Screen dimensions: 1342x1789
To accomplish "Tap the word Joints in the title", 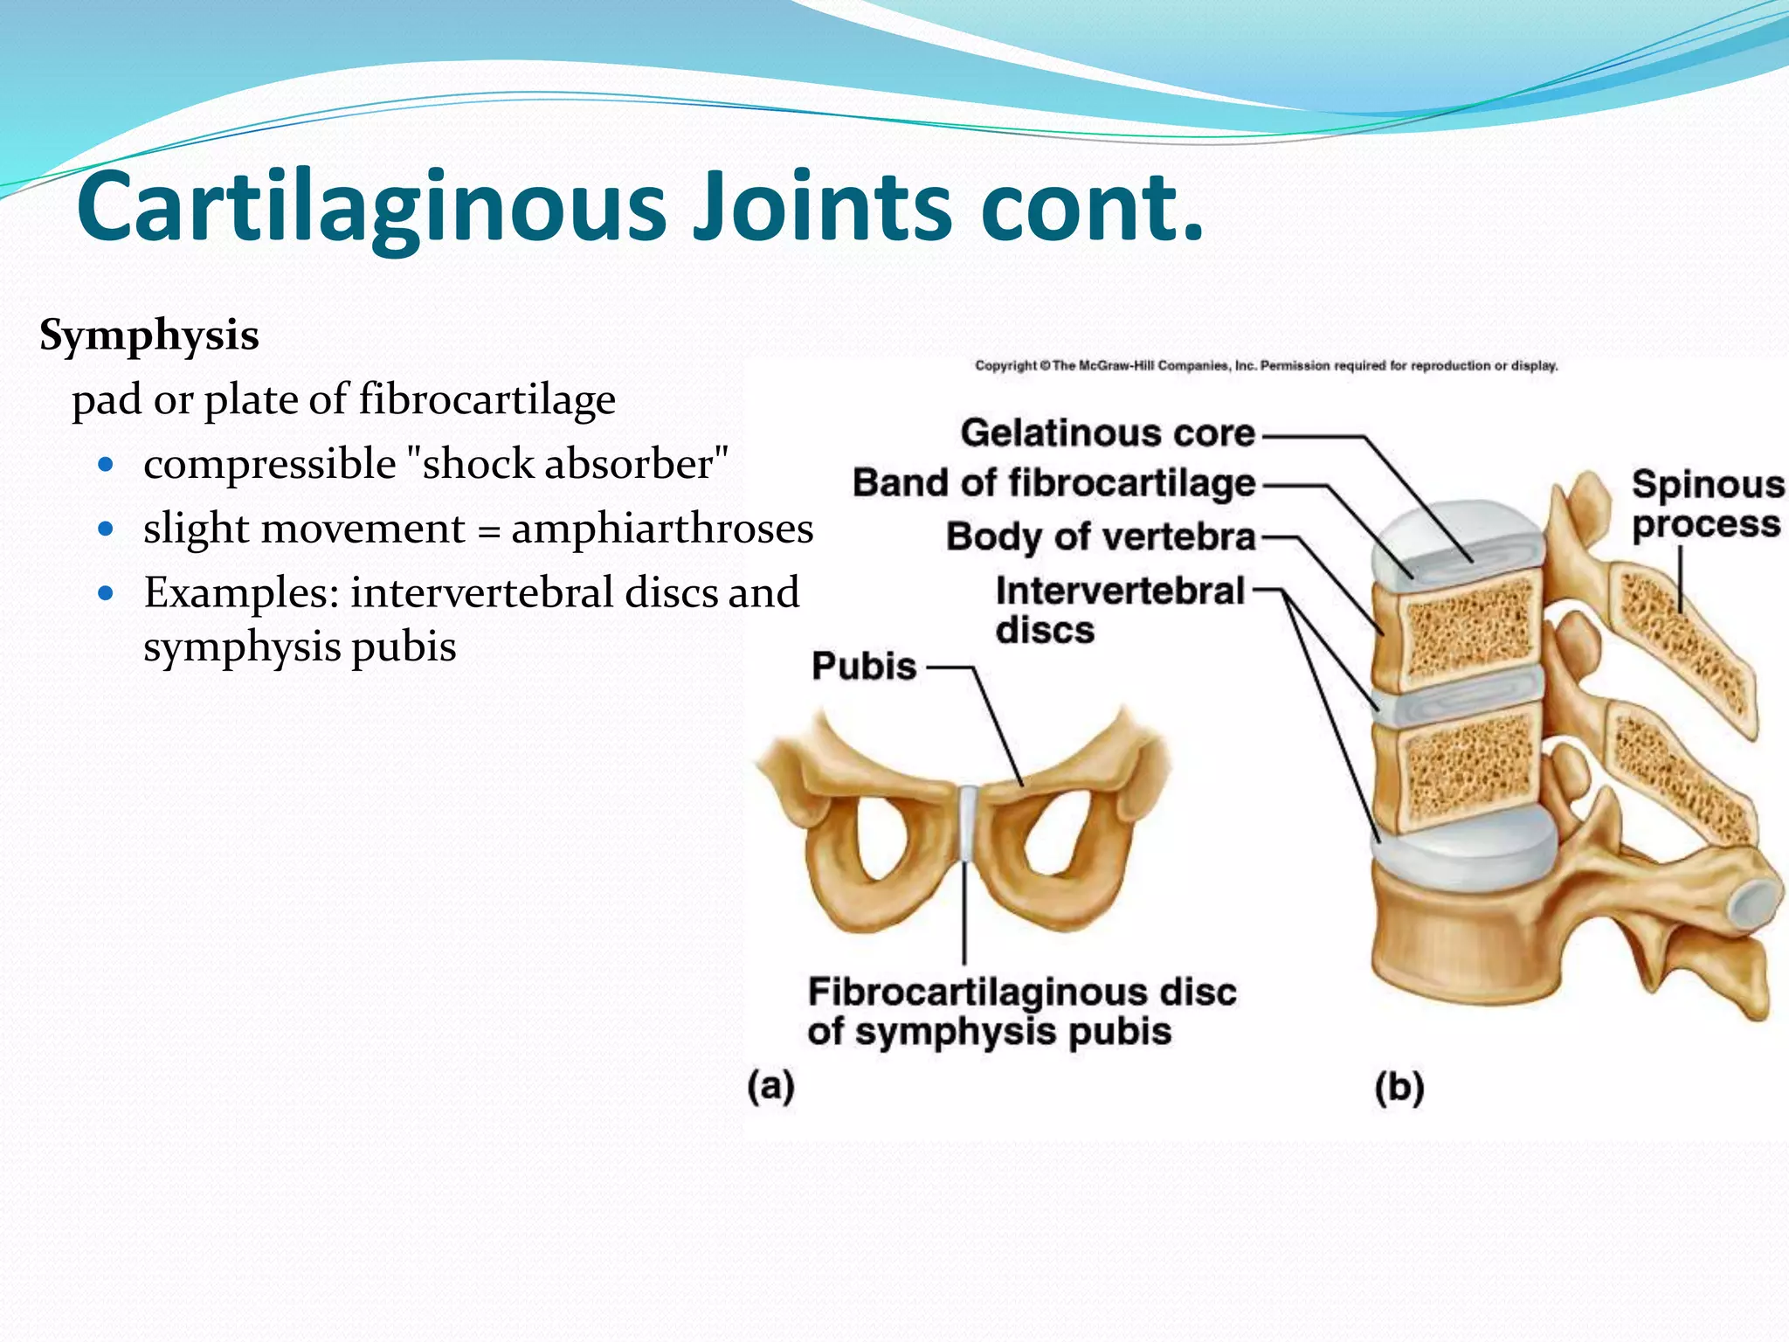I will click(x=821, y=208).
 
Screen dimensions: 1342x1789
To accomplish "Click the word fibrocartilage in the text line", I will click(x=487, y=400).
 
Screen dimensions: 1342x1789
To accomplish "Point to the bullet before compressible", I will click(x=107, y=464).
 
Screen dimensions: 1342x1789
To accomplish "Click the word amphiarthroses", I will click(x=662, y=529).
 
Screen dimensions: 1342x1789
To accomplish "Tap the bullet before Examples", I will click(x=107, y=594).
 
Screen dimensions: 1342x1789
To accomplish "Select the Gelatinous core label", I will click(x=1107, y=433).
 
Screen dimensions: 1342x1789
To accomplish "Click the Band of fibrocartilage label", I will click(x=1053, y=483).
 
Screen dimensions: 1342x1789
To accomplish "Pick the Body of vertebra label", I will click(x=1101, y=536).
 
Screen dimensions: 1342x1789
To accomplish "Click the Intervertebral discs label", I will click(x=1119, y=610).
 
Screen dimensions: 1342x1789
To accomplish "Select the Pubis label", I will click(x=863, y=667).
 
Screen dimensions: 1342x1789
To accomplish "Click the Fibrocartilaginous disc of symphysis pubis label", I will click(x=1020, y=1012).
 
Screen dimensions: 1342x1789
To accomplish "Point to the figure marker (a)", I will click(x=770, y=1088).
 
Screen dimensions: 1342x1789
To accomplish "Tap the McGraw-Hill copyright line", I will click(x=1266, y=366).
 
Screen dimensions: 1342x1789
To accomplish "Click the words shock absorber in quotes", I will click(x=569, y=464).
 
